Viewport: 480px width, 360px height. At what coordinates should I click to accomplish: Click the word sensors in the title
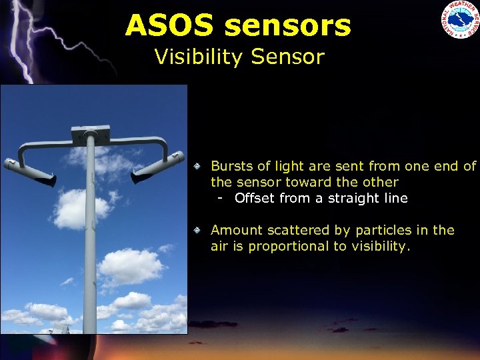click(x=287, y=25)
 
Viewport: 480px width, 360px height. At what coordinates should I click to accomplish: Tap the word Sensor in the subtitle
click(x=288, y=57)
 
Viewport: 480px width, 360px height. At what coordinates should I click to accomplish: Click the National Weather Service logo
click(x=459, y=20)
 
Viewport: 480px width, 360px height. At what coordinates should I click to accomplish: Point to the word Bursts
click(x=231, y=166)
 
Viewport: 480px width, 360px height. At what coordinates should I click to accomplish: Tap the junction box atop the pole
click(x=90, y=131)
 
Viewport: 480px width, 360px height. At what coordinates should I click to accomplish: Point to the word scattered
click(x=296, y=230)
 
